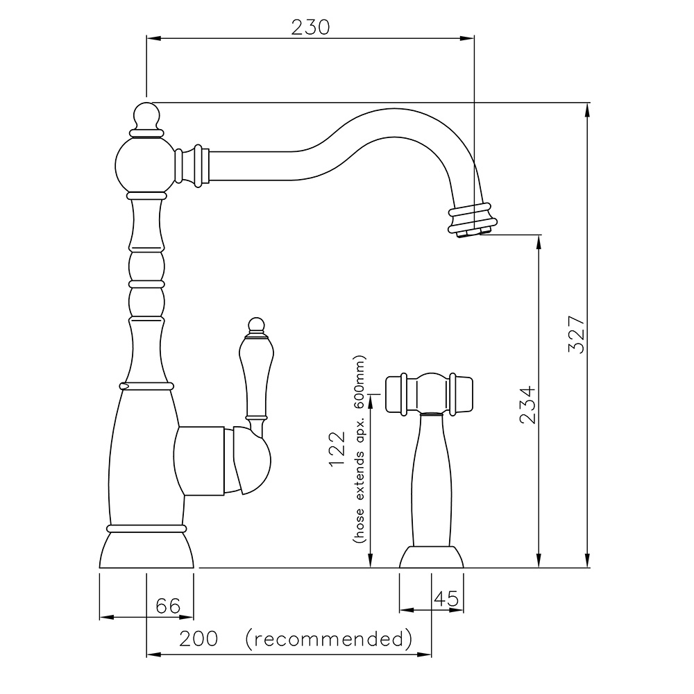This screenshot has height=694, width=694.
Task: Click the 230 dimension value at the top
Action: (310, 28)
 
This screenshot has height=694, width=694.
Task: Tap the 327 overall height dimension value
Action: (577, 335)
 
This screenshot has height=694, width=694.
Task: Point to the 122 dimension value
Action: (337, 449)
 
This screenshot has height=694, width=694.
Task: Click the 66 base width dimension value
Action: (168, 605)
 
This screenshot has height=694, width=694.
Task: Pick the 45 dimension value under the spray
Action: (446, 599)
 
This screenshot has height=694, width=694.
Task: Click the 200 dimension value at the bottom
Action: (198, 638)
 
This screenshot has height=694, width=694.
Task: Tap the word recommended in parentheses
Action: (329, 638)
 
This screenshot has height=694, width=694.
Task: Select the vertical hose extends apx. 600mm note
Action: (359, 449)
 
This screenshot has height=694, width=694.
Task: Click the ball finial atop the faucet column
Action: (146, 115)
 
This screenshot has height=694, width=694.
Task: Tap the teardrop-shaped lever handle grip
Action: (254, 378)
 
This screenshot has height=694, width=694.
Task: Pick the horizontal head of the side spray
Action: (429, 394)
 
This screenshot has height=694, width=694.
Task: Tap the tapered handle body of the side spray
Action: (432, 480)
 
